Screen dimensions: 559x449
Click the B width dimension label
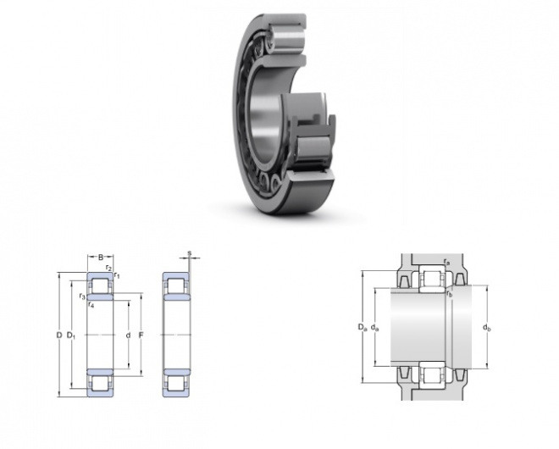[101, 258]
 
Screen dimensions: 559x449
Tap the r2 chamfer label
[108, 268]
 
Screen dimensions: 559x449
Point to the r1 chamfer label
[117, 275]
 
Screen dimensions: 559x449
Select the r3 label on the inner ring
[82, 296]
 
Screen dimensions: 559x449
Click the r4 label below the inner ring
[91, 305]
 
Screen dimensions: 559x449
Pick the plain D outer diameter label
[59, 335]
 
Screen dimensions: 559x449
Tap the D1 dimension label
[71, 335]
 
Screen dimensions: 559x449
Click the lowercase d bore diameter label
[128, 335]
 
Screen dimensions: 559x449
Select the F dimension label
[141, 335]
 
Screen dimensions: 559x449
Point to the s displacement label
[190, 253]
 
